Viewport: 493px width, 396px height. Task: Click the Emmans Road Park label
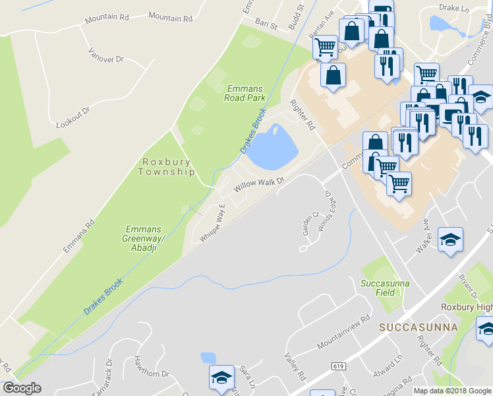(245, 93)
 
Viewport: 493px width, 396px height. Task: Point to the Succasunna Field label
(386, 288)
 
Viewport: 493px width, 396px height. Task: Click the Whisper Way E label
(214, 224)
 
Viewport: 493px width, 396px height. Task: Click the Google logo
(22, 388)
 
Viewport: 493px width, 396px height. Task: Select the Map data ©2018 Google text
(452, 391)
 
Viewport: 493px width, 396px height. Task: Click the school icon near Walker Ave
(451, 240)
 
